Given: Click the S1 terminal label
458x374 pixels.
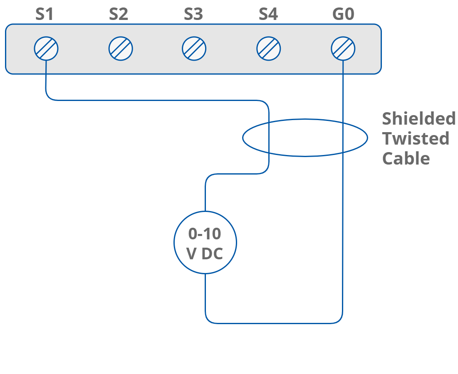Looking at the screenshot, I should click(45, 15).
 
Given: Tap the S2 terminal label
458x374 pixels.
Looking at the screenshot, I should click(119, 15).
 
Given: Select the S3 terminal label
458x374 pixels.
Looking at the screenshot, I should click(193, 15).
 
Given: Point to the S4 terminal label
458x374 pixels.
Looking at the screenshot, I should click(268, 15).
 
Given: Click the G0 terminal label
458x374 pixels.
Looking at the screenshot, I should click(343, 15).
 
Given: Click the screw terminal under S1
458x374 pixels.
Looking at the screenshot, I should click(46, 49).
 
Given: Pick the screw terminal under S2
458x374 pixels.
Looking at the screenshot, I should click(121, 49).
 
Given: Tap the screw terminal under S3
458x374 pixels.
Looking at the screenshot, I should click(194, 49).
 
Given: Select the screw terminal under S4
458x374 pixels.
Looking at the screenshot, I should click(269, 49).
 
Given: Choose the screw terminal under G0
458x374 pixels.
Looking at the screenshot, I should click(343, 49).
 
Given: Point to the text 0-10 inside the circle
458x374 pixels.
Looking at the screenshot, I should click(205, 234).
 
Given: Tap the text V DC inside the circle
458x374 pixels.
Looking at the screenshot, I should click(205, 253).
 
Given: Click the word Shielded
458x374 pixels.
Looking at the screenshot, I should click(419, 119).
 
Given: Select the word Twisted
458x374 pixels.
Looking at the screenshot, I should click(416, 138).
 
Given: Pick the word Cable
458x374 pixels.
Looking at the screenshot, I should click(406, 158).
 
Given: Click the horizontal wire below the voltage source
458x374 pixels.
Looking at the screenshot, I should click(275, 323).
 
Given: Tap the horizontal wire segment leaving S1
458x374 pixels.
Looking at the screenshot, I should click(158, 100).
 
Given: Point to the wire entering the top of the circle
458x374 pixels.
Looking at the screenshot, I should click(205, 195).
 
